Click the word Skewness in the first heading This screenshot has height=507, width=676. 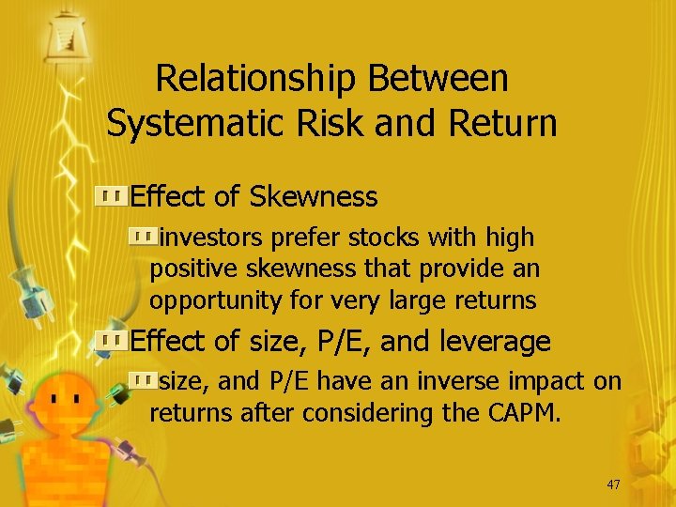(313, 197)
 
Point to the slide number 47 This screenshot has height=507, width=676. (614, 484)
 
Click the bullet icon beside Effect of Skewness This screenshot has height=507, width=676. (112, 196)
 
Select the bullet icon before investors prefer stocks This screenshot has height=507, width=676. (145, 238)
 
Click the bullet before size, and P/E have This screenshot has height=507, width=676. (145, 380)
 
